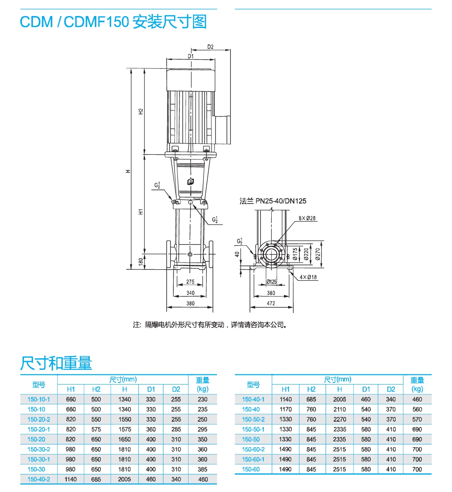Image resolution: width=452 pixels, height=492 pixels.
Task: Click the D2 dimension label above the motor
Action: coord(210,47)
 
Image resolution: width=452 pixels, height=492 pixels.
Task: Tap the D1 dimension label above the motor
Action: coord(191,56)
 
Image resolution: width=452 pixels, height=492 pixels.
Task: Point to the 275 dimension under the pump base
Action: coord(190,282)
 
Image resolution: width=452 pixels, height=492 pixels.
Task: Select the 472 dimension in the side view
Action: coord(271,303)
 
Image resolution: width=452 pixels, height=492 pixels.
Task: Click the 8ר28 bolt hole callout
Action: coord(307,218)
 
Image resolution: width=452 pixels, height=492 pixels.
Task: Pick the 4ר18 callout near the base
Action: coord(308,277)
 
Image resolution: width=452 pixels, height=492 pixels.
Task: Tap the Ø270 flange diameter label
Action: coord(317,254)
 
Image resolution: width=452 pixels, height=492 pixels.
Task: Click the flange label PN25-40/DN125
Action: coord(273,201)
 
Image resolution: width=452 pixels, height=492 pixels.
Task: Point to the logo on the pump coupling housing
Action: coord(191,182)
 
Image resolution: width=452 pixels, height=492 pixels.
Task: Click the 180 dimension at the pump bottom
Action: coord(141,261)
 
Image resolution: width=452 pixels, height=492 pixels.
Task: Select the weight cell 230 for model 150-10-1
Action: coord(203,399)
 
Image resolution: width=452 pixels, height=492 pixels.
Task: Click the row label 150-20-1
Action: coord(39,429)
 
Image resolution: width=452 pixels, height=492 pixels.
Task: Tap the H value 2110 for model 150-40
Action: coord(339,409)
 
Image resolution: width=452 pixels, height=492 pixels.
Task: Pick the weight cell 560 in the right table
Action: coord(417,409)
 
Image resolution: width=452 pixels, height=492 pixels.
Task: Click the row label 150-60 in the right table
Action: coord(251,469)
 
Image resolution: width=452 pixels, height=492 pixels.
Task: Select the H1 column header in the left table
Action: coord(71,389)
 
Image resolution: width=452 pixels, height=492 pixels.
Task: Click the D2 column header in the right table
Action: coord(391,389)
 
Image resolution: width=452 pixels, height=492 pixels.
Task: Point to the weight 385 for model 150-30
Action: coord(203,469)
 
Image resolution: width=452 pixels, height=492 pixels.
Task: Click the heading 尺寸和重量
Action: coord(56,363)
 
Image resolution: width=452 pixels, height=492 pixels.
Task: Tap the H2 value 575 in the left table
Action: coord(96,429)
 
